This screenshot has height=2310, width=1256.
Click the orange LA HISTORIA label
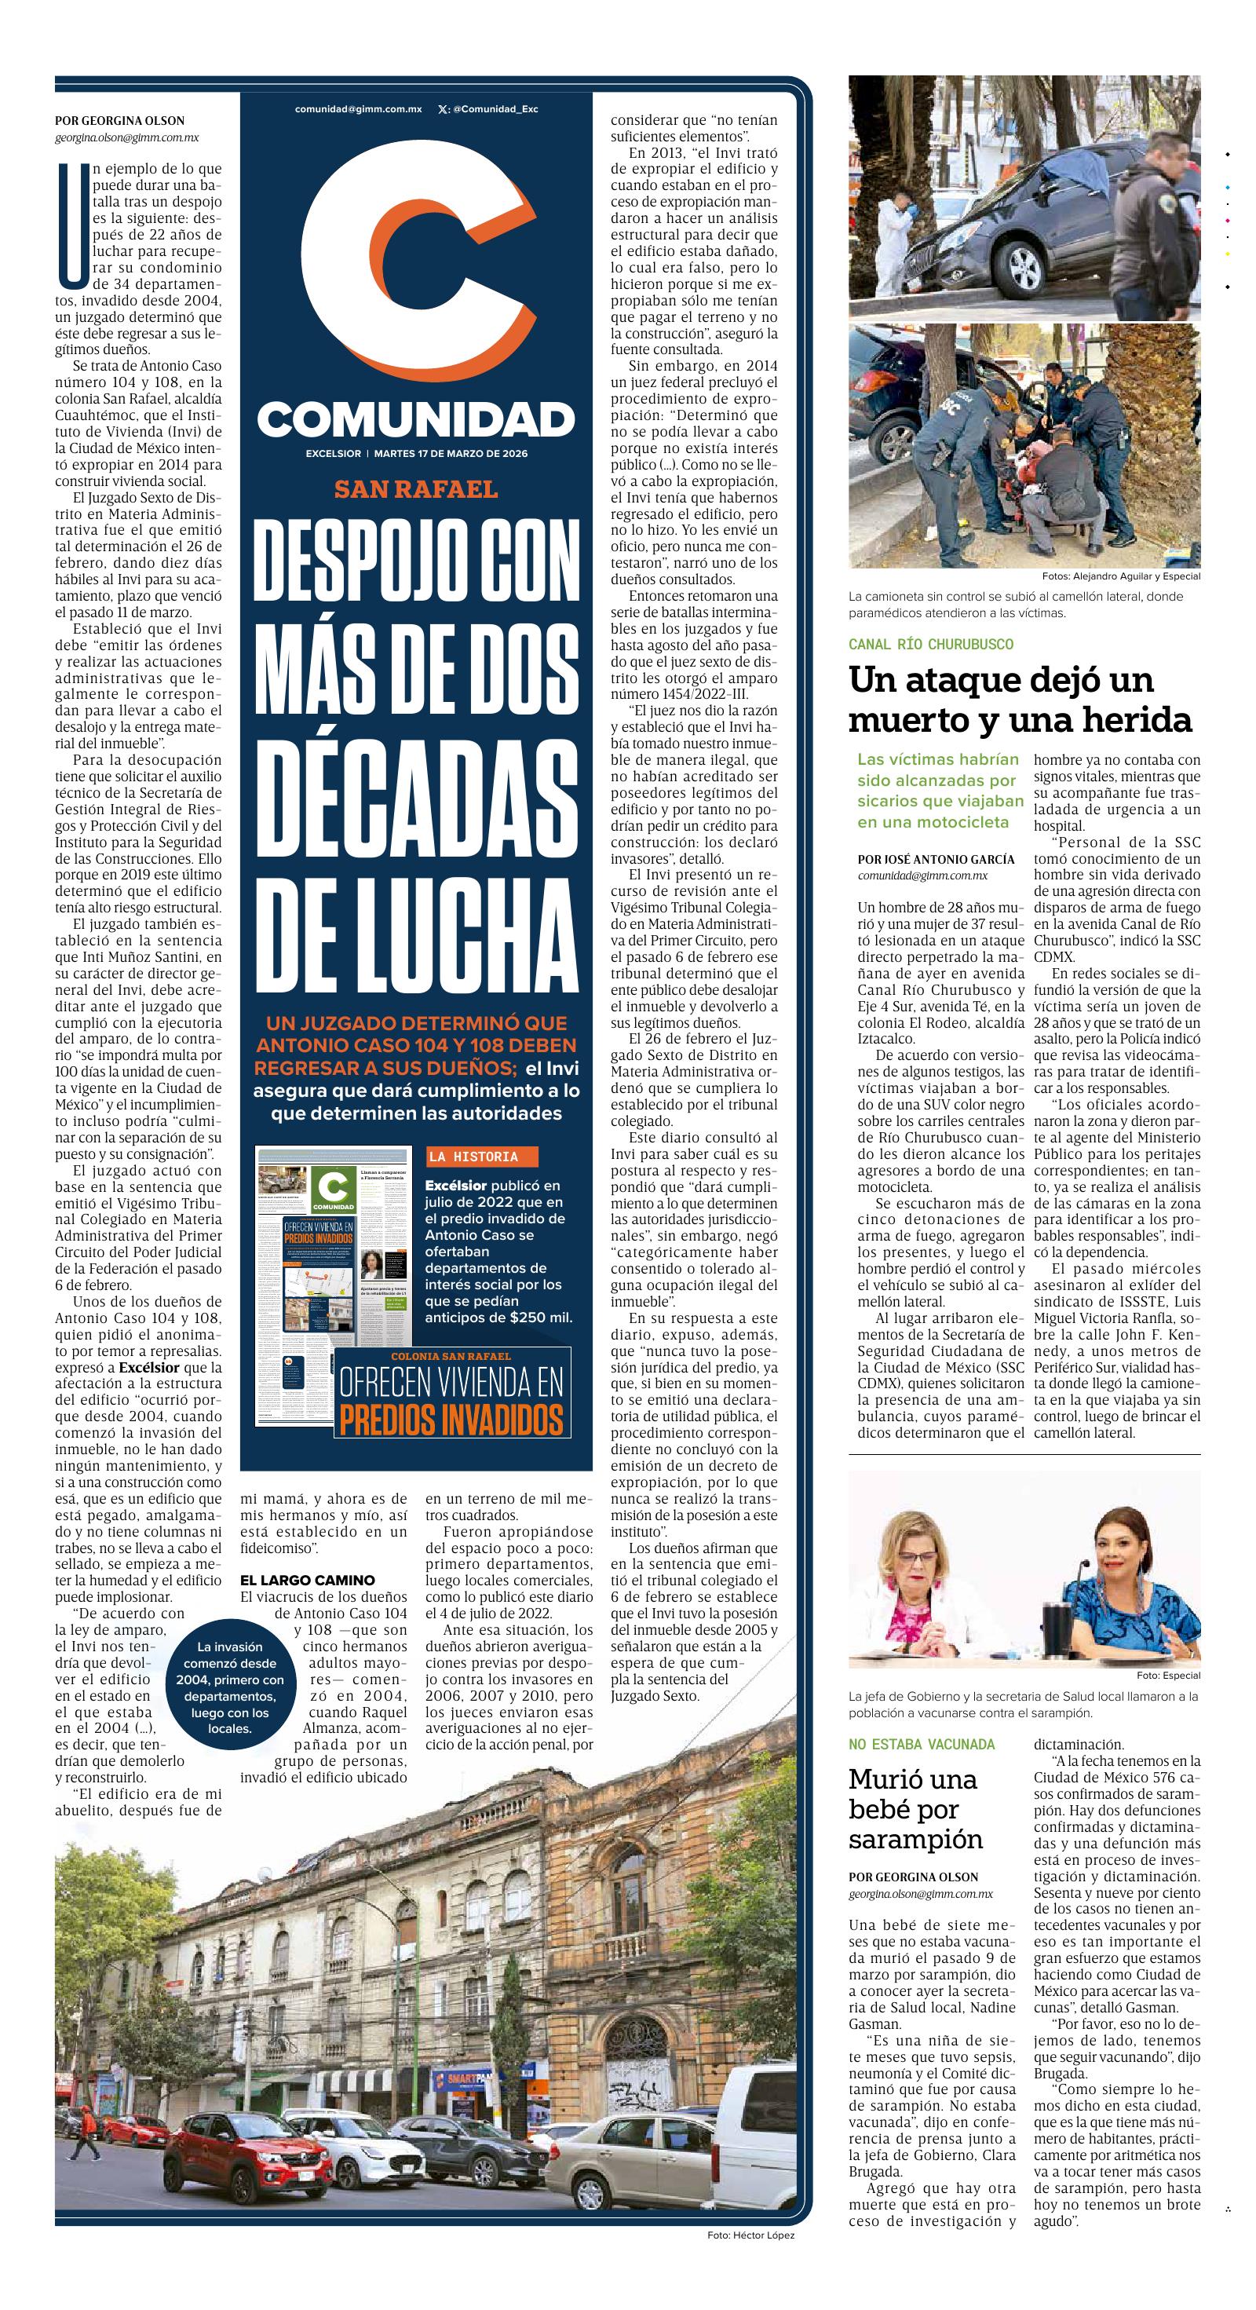(473, 1157)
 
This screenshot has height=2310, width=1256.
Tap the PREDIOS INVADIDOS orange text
(451, 1420)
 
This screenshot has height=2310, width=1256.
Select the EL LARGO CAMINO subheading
(308, 1580)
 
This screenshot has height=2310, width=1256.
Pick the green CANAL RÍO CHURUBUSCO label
(930, 644)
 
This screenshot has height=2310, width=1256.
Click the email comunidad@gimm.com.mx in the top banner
(358, 109)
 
